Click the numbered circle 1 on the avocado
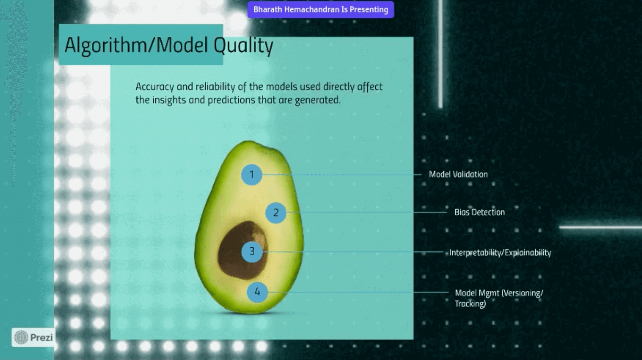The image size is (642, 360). [x=252, y=175]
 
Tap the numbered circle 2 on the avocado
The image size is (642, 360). [x=276, y=213]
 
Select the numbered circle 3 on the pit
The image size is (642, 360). [x=252, y=252]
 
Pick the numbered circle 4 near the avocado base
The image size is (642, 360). [x=257, y=292]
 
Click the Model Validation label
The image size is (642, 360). [x=458, y=174]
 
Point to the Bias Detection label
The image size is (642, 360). [x=479, y=212]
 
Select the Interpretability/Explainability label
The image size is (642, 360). [x=500, y=253]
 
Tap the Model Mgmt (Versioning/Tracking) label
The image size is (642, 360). [x=499, y=298]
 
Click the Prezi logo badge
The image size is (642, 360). [x=33, y=337]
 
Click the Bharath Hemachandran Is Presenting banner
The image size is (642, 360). [x=321, y=9]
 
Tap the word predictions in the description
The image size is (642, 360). [x=231, y=100]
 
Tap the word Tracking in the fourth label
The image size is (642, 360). [x=470, y=304]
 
